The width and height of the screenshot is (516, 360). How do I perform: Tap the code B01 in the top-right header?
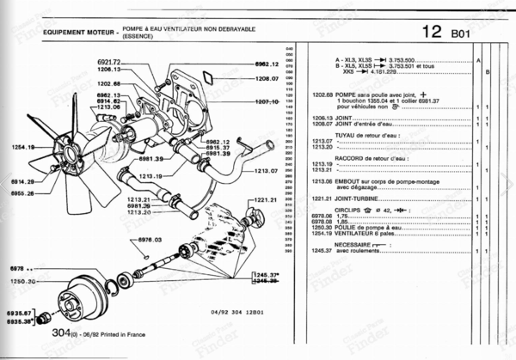coord(464,34)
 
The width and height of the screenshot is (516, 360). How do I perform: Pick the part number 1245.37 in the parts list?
coord(322,251)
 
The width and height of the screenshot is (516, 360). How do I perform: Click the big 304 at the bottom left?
coord(60,332)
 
